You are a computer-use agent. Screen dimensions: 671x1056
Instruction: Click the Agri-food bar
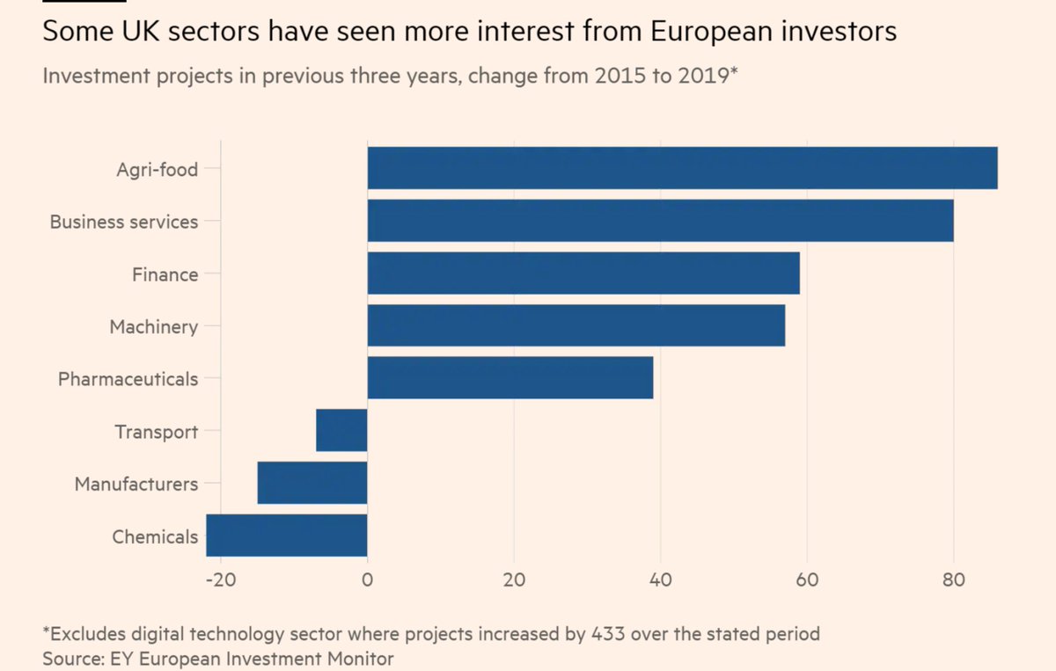[x=682, y=168]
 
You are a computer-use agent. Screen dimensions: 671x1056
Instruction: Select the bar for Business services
[x=660, y=221]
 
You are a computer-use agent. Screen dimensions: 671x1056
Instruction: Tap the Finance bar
[x=583, y=274]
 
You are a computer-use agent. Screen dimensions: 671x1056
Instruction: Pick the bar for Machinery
[x=576, y=325]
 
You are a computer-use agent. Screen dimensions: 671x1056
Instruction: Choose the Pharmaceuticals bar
[x=510, y=378]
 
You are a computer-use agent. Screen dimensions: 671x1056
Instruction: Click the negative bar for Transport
[x=341, y=431]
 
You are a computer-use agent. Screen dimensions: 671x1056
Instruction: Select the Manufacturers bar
[x=312, y=483]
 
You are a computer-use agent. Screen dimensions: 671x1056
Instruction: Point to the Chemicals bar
[x=287, y=536]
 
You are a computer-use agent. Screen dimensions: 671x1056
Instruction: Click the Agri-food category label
[x=157, y=170]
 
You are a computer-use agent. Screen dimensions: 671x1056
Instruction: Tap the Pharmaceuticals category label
[x=128, y=379]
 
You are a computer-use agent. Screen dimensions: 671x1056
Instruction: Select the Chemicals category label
[x=155, y=536]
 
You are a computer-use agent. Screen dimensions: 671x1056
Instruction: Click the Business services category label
[x=123, y=222]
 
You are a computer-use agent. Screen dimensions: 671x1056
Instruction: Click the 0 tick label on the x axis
[x=367, y=580]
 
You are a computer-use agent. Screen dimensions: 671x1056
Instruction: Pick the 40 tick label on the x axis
[x=660, y=580]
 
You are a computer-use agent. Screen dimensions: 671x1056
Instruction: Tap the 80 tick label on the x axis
[x=953, y=580]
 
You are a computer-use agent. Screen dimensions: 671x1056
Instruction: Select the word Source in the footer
[x=69, y=658]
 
